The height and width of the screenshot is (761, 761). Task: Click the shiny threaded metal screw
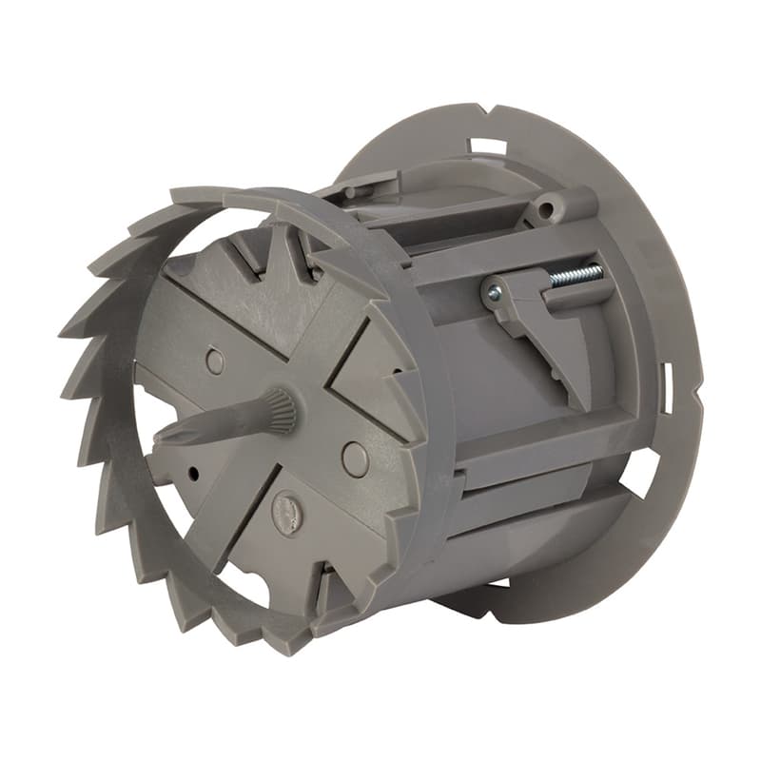tap(576, 276)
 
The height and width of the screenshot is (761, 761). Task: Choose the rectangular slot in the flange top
tap(487, 146)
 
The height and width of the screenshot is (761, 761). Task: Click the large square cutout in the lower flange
tap(638, 473)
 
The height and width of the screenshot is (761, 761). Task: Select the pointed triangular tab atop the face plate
tap(285, 252)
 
